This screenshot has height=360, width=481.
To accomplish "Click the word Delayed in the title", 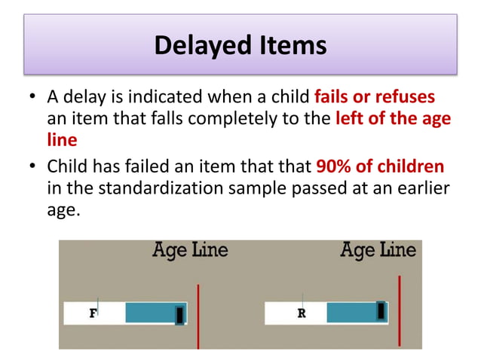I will pyautogui.click(x=199, y=46).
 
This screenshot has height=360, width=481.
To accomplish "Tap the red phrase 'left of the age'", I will pyautogui.click(x=392, y=119).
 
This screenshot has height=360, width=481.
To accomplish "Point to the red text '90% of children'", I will pyautogui.click(x=381, y=166).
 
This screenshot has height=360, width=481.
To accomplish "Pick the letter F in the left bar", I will pyautogui.click(x=93, y=313).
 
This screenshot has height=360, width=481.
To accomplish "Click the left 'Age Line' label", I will pyautogui.click(x=191, y=250).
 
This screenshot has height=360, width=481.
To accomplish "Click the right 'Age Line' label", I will pyautogui.click(x=378, y=250).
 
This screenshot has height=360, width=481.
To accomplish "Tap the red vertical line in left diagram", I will pyautogui.click(x=198, y=316).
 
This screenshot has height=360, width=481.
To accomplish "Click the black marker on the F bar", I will pyautogui.click(x=179, y=314).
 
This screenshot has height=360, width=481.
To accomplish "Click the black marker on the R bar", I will pyautogui.click(x=381, y=310).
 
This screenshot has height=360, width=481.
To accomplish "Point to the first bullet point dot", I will pyautogui.click(x=32, y=99).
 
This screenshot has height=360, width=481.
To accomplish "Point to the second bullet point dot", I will pyautogui.click(x=32, y=166).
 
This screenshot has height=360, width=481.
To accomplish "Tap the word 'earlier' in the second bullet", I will pyautogui.click(x=418, y=188).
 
